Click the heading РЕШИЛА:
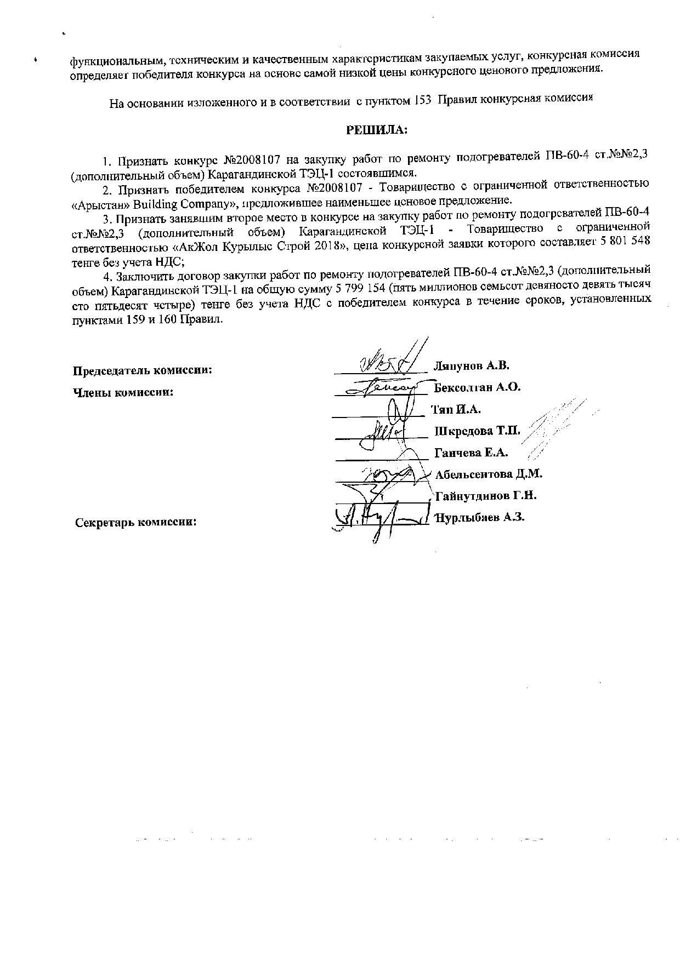click(376, 130)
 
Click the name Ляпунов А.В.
click(471, 365)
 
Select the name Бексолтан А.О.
click(477, 387)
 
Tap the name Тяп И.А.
click(456, 409)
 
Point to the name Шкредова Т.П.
click(477, 431)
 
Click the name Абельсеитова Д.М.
click(488, 474)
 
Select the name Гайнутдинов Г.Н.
click(485, 496)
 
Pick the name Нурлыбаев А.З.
click(480, 517)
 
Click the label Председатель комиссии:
click(143, 370)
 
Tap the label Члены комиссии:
click(123, 392)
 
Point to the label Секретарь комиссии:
click(136, 522)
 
